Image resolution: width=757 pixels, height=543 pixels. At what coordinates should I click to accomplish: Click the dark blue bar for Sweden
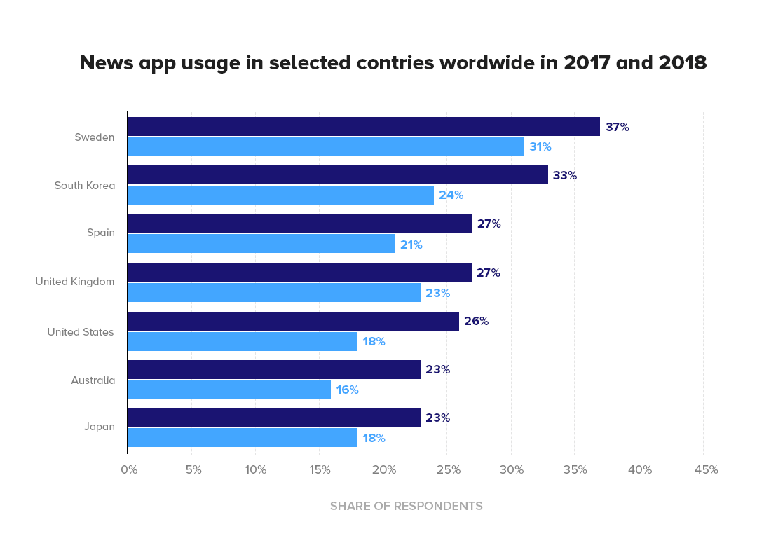[363, 127]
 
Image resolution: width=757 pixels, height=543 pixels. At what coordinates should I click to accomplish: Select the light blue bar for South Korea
[280, 195]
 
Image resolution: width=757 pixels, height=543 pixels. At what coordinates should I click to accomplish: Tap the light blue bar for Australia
[229, 390]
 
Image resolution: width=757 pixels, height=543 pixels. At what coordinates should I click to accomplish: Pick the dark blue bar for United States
[293, 322]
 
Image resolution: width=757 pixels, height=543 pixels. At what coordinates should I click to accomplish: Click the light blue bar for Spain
[261, 245]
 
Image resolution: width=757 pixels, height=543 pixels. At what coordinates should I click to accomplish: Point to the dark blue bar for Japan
[274, 418]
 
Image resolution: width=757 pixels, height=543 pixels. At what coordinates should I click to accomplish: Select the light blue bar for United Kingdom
[274, 293]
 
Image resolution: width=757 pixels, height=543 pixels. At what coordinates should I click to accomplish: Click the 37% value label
[618, 128]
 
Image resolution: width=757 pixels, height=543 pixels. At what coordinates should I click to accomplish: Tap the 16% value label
[347, 390]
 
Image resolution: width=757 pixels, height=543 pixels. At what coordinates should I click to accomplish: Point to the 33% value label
[564, 176]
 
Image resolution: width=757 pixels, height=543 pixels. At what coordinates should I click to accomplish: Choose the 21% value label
[411, 245]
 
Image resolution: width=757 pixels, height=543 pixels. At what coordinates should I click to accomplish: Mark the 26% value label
[476, 322]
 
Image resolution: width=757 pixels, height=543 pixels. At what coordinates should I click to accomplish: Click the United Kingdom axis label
[75, 282]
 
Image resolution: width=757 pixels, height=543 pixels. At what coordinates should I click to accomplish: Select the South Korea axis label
[84, 186]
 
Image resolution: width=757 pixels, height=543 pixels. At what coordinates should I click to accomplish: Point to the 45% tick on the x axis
[706, 470]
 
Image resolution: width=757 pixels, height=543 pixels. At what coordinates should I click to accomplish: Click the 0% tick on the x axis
[129, 470]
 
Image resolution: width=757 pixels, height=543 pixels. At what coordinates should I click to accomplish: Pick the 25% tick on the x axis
[449, 470]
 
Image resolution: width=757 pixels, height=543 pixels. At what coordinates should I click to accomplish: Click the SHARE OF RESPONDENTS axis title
[407, 506]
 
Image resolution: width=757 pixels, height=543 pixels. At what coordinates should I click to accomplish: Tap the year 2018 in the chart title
[682, 63]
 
